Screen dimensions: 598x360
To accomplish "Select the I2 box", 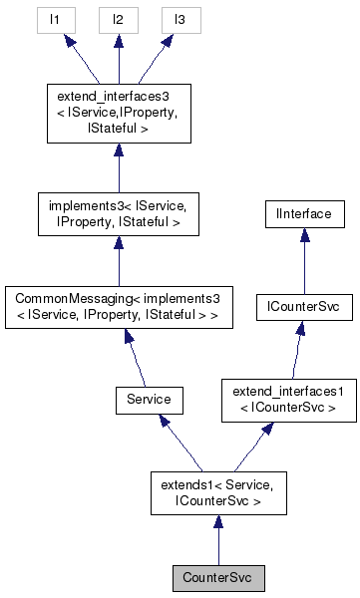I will tap(118, 19).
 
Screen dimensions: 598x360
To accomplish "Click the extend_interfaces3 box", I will tap(118, 113).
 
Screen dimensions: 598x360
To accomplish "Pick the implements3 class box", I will tap(118, 215).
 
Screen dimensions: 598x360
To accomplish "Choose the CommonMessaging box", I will tap(118, 309).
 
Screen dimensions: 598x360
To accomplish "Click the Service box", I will tap(144, 400).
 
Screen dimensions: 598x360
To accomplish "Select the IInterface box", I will tap(303, 212).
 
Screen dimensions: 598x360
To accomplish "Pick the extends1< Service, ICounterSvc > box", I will tap(218, 492).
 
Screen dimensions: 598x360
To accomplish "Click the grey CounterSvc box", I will tap(218, 576).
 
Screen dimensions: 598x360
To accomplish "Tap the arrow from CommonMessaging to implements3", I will tap(118, 262).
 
